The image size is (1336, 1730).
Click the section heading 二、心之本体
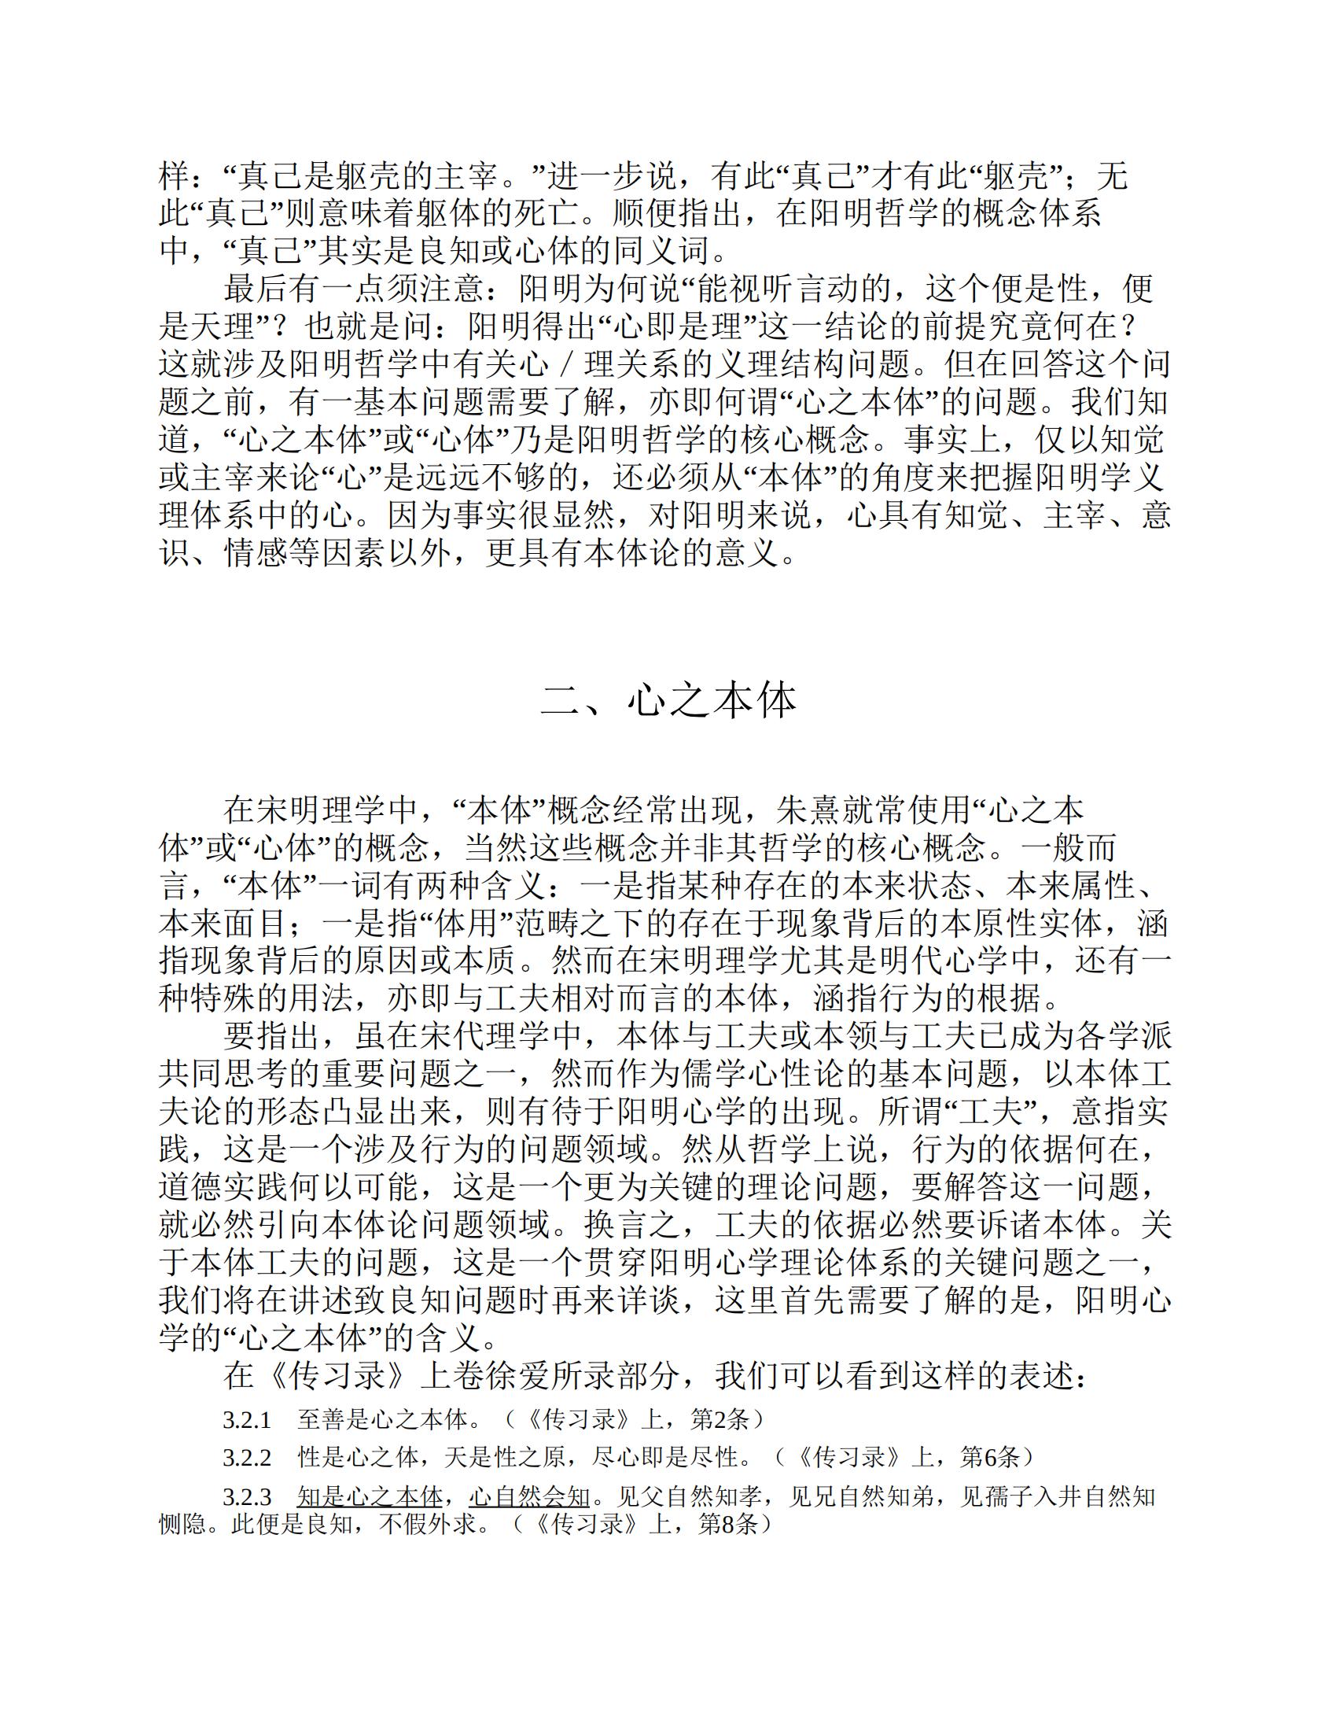668,699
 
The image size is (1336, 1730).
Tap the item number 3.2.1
246,1419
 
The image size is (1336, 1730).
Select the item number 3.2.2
246,1457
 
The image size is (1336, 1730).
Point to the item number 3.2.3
246,1496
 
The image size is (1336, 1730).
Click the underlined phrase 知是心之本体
369,1496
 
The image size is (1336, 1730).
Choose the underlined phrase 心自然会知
530,1496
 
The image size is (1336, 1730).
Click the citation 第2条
718,1419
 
